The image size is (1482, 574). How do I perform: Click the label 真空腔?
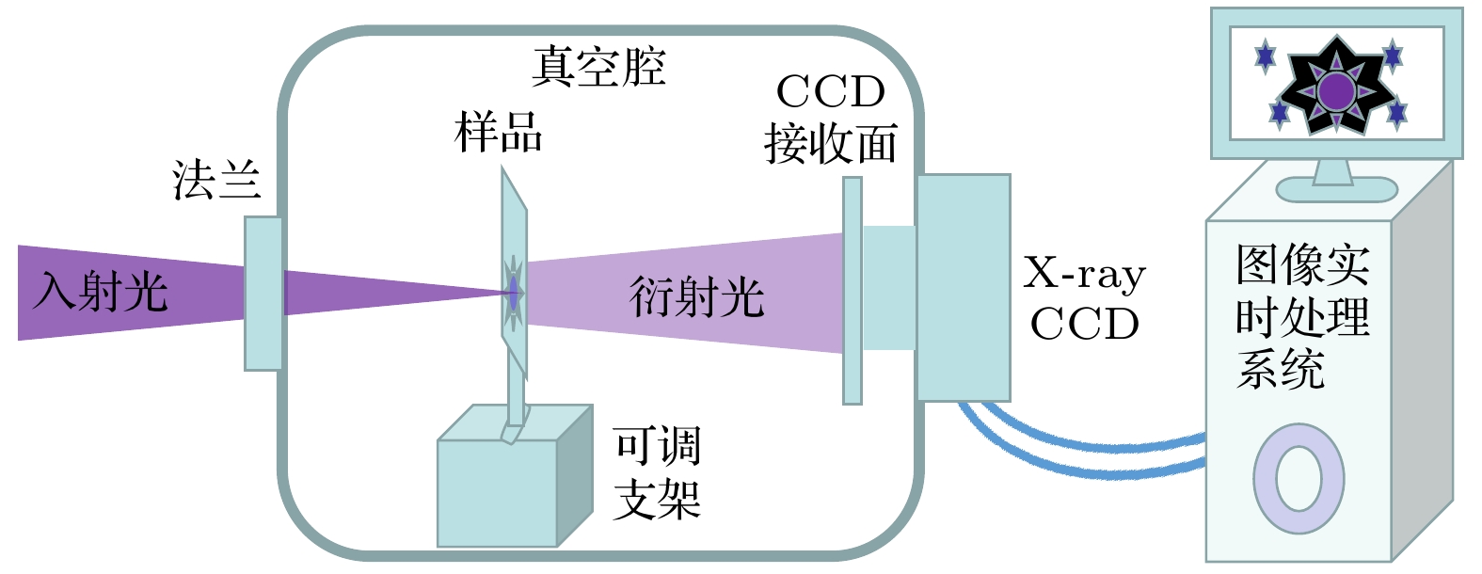pos(598,67)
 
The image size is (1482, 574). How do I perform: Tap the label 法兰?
pos(215,180)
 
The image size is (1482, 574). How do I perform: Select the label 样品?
pos(498,132)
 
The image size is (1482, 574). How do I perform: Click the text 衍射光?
pos(696,296)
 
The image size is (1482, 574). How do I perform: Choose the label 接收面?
pos(830,144)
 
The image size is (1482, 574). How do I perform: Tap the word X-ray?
pos(1084,274)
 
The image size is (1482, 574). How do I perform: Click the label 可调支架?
pos(657,472)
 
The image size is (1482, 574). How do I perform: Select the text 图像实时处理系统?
pos(1301,317)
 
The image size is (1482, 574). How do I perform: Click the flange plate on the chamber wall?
pos(263,293)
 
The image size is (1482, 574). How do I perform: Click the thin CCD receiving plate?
pos(852,291)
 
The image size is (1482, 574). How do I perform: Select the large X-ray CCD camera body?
pos(963,287)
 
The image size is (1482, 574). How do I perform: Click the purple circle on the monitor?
pos(1335,91)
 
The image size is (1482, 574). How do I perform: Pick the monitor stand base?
pos(1336,189)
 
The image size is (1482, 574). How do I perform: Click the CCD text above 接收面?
pos(830,92)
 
